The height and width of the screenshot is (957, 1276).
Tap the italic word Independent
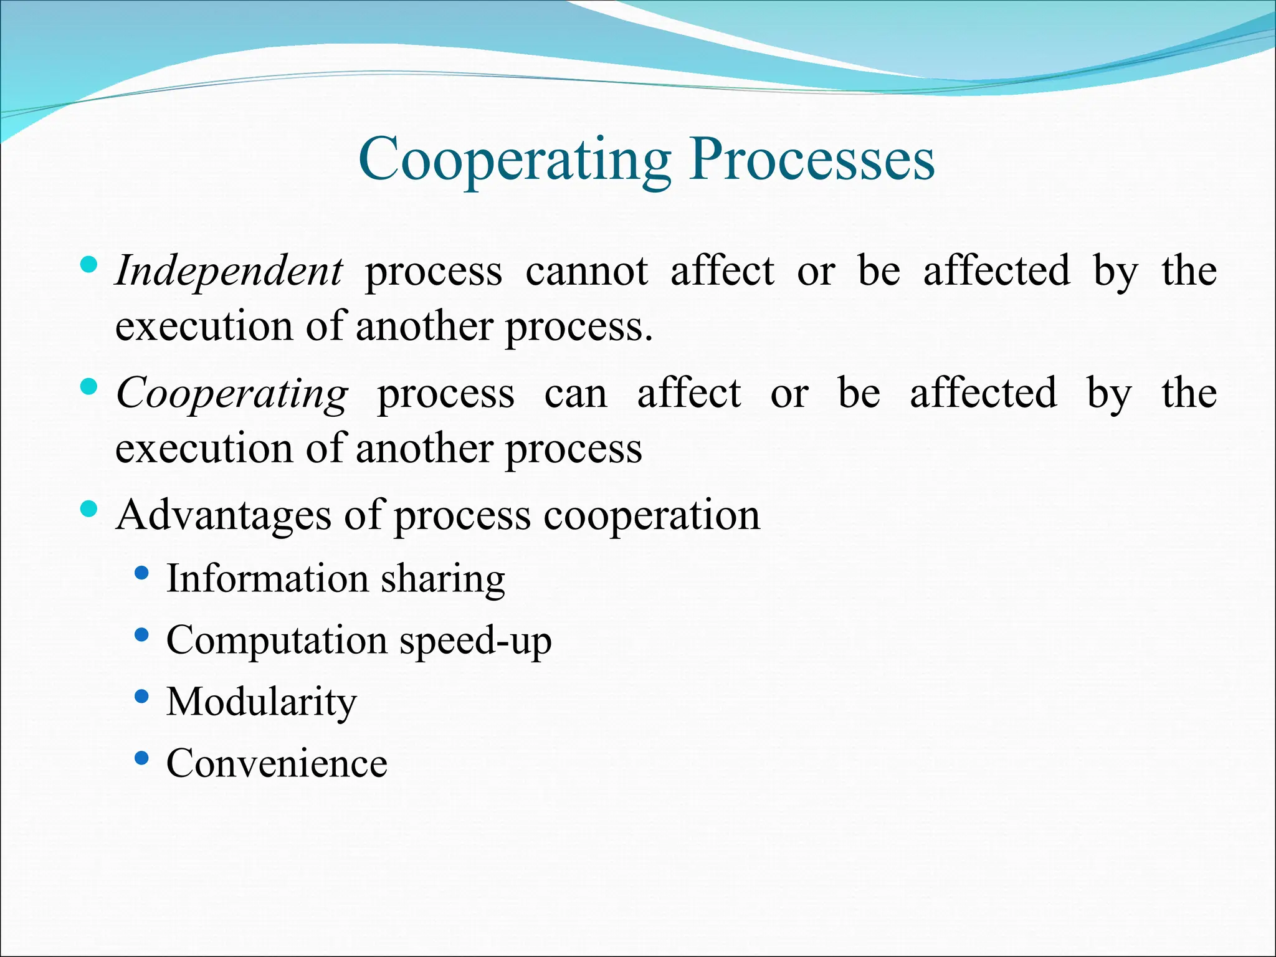[x=229, y=272]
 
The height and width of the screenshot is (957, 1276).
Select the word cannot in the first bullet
[x=586, y=272]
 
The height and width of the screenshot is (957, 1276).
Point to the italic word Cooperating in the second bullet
[x=232, y=394]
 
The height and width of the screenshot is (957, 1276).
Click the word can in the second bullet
[x=576, y=394]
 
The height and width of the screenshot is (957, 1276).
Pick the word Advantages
[x=223, y=516]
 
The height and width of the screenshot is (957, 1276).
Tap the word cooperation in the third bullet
[x=652, y=516]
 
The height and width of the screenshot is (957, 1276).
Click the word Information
[x=267, y=578]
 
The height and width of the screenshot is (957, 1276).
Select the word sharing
[x=443, y=579]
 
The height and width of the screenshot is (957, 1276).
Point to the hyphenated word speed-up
[x=475, y=641]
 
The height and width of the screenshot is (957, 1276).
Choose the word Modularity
[x=262, y=702]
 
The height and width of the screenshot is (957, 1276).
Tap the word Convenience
[x=277, y=763]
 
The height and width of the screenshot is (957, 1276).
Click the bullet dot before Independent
[x=89, y=265]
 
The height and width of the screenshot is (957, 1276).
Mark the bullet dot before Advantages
[x=89, y=509]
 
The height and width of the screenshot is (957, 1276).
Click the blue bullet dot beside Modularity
[x=142, y=696]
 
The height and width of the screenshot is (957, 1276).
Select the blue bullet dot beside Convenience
[x=142, y=758]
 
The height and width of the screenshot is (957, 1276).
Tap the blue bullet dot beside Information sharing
[x=142, y=573]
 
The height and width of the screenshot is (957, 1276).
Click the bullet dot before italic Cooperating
[x=89, y=387]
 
